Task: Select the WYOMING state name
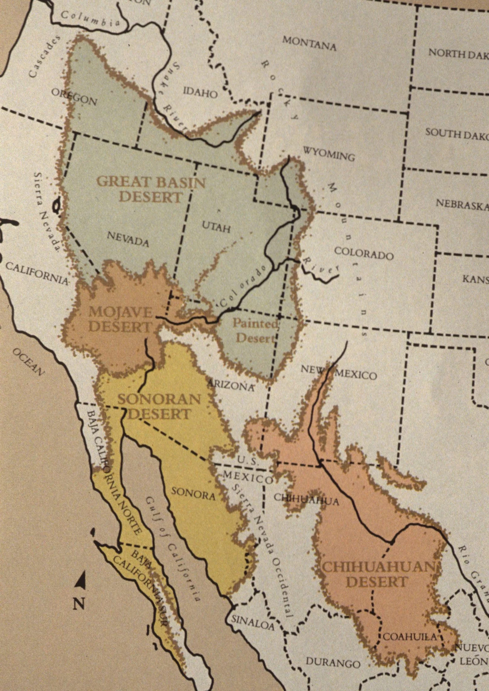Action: (329, 153)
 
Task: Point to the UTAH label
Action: (216, 227)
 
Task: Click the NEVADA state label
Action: (128, 239)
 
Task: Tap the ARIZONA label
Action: (231, 385)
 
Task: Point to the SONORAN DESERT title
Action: (159, 406)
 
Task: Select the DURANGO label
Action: (333, 662)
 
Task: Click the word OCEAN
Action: (28, 362)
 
